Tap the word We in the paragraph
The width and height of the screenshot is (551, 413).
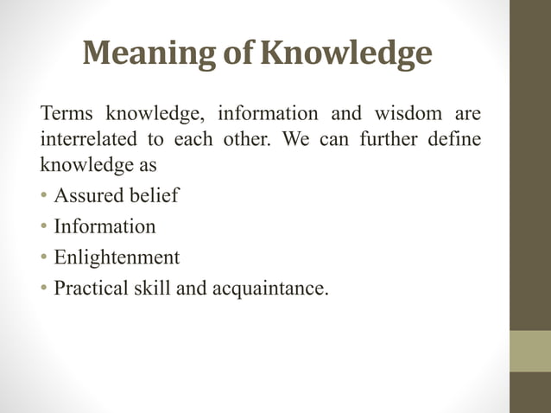click(296, 138)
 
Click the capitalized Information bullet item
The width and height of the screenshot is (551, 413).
click(104, 226)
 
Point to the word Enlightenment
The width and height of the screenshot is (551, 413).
click(117, 257)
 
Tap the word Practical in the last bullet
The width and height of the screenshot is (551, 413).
click(91, 288)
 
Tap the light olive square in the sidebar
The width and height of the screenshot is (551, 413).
click(529, 351)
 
